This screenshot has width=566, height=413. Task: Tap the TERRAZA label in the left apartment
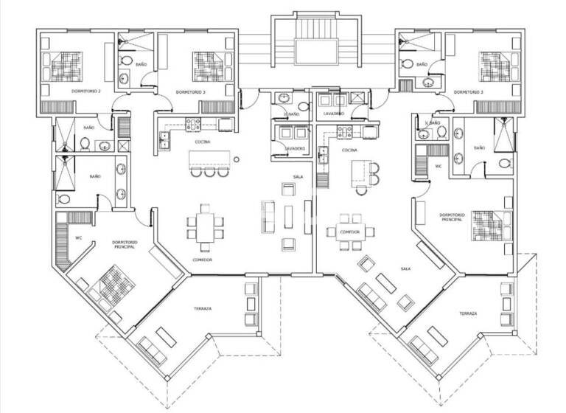[x=203, y=308]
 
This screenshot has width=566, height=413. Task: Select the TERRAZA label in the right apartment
[x=468, y=313]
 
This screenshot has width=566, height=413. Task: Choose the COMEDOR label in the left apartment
[x=203, y=260]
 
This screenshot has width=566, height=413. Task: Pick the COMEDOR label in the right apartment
[x=349, y=232]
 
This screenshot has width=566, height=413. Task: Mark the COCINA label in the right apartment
[x=349, y=150]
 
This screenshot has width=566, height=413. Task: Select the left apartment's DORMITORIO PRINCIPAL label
[x=123, y=244]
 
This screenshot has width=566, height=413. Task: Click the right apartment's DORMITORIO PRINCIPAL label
[x=451, y=218]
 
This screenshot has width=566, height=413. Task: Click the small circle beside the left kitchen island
[x=235, y=159]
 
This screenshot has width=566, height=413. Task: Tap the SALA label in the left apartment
[x=298, y=177]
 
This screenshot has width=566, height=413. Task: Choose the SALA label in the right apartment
[x=405, y=269]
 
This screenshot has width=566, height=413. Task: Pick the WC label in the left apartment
[x=78, y=237]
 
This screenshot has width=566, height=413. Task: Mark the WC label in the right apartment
[x=438, y=166]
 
